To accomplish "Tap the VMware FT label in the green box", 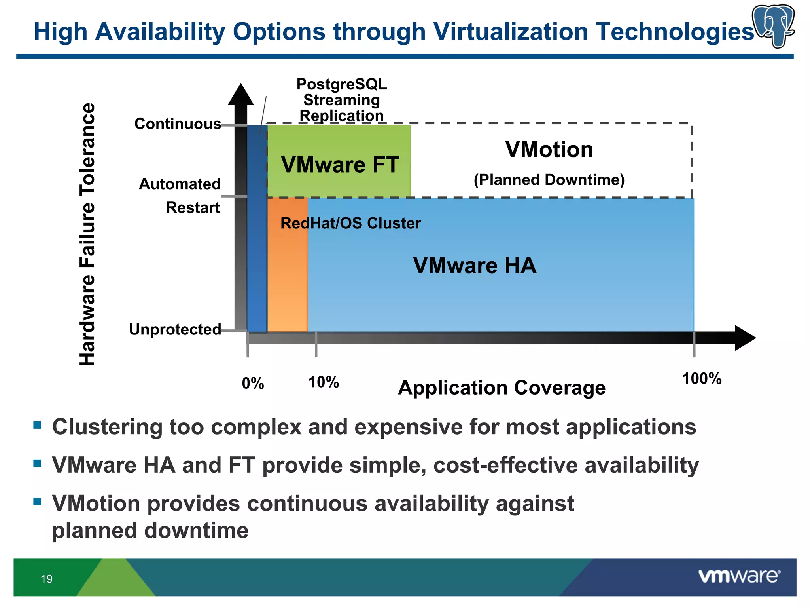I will tap(340, 165).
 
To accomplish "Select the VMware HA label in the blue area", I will tap(475, 265).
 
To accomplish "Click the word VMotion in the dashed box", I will tap(549, 150).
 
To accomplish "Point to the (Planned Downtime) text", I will tap(549, 180).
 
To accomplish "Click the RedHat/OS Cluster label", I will tap(350, 223).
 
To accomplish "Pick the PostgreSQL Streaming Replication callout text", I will tap(342, 100).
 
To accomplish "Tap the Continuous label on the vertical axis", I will tap(178, 124).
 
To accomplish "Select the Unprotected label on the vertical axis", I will tap(175, 329).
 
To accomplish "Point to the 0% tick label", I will tap(253, 383).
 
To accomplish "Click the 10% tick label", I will tap(324, 382).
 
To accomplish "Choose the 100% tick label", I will tap(702, 379).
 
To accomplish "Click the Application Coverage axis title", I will tap(502, 388).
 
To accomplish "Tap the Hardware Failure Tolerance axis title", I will tap(87, 234).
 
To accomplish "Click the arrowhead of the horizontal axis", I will tap(744, 338).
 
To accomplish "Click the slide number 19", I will tap(47, 579).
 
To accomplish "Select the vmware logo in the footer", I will tap(739, 576).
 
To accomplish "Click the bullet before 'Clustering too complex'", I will tap(37, 426).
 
